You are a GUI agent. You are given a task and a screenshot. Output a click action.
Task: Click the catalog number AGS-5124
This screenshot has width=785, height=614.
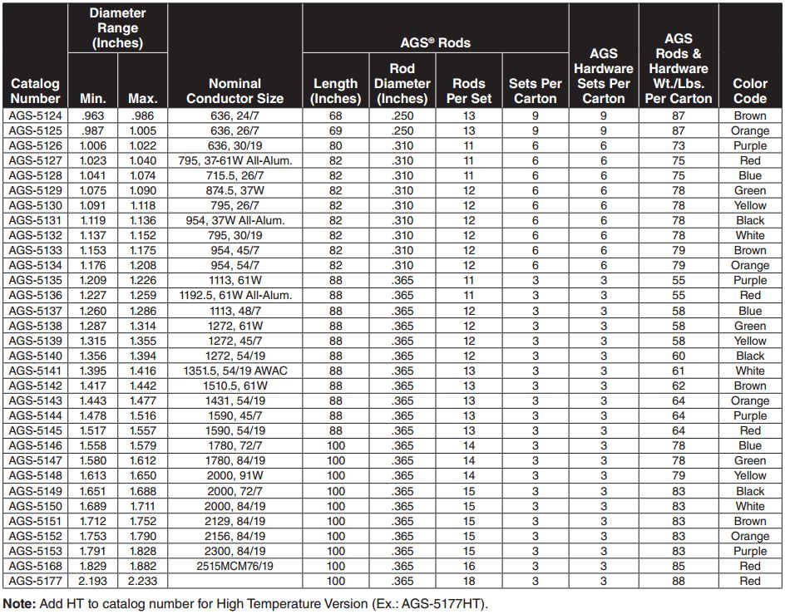click(35, 115)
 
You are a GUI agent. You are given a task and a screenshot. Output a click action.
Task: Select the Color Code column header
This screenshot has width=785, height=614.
click(749, 91)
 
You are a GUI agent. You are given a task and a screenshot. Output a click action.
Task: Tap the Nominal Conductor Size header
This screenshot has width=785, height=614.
click(235, 91)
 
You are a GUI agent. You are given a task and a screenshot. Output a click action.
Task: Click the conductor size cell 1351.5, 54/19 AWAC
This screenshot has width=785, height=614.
click(235, 371)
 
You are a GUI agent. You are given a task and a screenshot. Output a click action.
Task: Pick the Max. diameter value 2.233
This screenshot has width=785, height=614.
click(143, 581)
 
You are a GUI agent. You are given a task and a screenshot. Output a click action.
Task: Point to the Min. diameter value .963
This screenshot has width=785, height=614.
click(93, 115)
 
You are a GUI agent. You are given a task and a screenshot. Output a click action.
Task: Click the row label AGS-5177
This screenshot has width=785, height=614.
click(35, 581)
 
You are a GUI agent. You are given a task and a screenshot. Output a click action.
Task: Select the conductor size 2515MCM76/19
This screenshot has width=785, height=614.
click(235, 566)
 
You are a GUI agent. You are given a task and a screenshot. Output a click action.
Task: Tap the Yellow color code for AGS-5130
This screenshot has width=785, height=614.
click(749, 205)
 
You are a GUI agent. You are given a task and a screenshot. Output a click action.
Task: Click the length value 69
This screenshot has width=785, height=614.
click(335, 130)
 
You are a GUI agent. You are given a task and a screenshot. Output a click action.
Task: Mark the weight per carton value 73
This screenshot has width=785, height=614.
click(679, 145)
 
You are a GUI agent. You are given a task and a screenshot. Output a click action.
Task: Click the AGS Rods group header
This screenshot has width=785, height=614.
click(435, 42)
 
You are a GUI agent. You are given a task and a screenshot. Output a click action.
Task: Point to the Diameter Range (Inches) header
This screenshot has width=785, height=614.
click(117, 27)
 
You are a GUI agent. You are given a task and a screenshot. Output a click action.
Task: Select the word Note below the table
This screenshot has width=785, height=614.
click(18, 604)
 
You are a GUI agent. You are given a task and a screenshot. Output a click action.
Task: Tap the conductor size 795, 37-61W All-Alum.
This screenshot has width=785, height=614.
click(235, 160)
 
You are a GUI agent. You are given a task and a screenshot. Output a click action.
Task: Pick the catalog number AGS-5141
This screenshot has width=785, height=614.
click(35, 371)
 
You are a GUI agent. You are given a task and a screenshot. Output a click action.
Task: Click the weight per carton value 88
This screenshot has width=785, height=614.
click(679, 581)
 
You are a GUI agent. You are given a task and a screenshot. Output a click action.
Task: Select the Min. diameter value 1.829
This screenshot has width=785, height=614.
click(93, 566)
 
